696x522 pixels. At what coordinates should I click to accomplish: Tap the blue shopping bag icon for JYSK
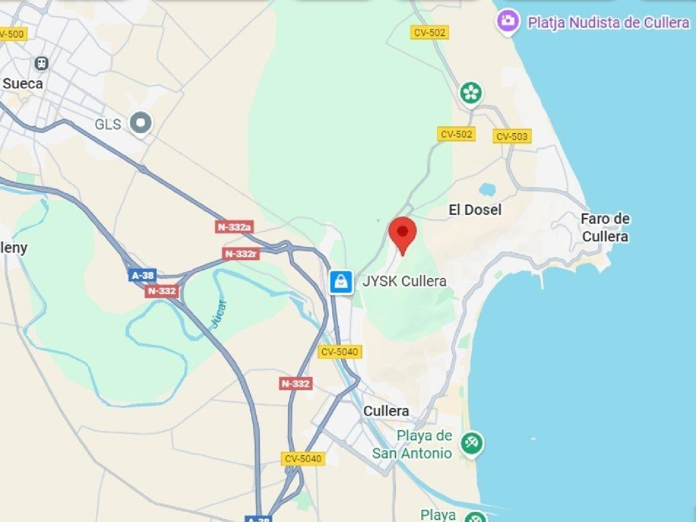[x=341, y=282]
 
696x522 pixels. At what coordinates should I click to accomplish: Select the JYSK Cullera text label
[x=404, y=281]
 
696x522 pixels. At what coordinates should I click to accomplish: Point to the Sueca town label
[x=23, y=84]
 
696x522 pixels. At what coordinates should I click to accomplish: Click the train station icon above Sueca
[x=42, y=63]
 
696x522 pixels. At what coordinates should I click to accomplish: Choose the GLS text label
[x=108, y=124]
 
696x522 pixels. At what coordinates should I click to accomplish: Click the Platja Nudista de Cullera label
[x=608, y=22]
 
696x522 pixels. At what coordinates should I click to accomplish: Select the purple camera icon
[x=508, y=21]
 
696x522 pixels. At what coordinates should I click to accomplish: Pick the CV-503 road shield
[x=511, y=136]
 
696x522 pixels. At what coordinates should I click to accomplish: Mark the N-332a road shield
[x=234, y=227]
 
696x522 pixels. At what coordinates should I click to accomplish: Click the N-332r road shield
[x=240, y=254]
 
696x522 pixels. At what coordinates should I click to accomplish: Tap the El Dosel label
[x=475, y=210]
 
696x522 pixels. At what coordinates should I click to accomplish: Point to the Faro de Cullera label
[x=605, y=227]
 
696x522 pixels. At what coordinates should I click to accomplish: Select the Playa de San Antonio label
[x=412, y=444]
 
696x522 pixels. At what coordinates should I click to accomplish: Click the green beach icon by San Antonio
[x=471, y=443]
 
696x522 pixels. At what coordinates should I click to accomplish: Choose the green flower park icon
[x=471, y=93]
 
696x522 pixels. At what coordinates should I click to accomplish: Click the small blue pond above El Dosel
[x=487, y=189]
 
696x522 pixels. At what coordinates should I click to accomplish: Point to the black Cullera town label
[x=386, y=411]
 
